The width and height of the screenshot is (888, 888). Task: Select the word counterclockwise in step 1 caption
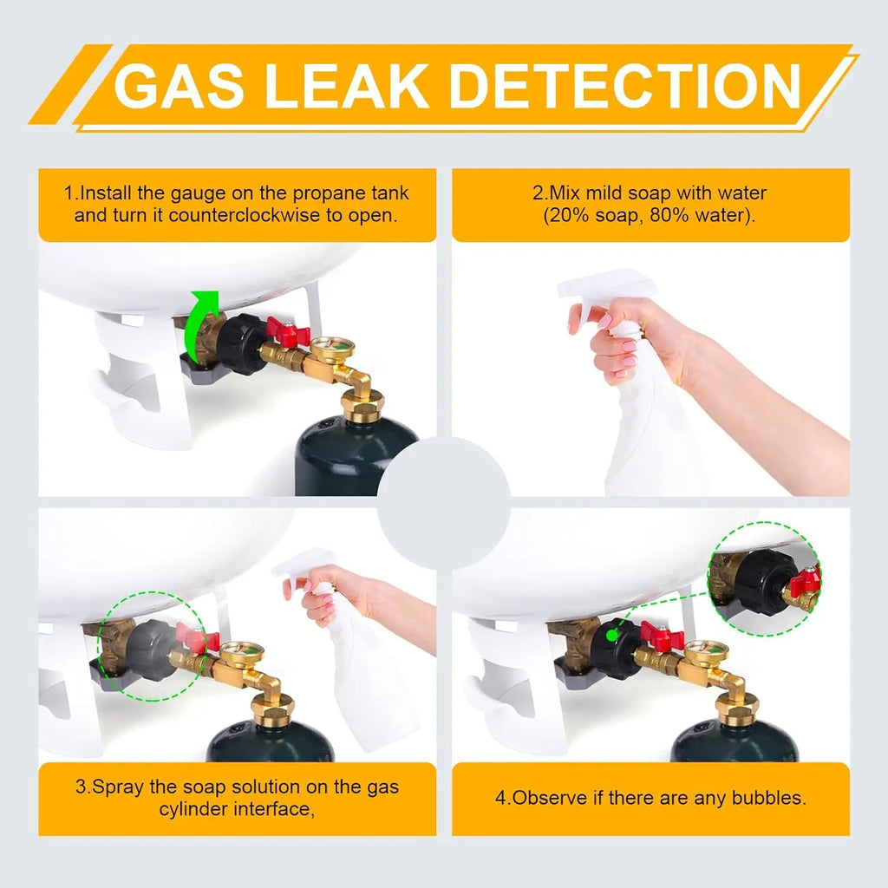point(245,216)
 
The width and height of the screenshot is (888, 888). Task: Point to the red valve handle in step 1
point(289,330)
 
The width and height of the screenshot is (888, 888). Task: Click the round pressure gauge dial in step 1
point(332,349)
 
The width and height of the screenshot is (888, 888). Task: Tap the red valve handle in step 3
point(197,639)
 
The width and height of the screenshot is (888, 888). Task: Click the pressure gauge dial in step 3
point(242,655)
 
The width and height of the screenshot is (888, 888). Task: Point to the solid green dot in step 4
point(611,636)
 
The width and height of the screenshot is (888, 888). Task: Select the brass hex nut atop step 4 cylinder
point(737,708)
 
